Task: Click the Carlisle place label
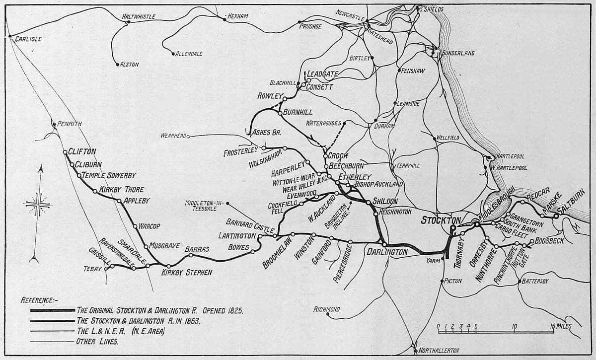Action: pos(28,39)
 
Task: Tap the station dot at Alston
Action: pos(118,64)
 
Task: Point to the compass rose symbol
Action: pos(37,204)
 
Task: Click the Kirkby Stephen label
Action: pos(187,272)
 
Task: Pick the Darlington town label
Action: pos(387,252)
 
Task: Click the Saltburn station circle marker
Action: pos(556,216)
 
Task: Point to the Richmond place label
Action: pos(326,309)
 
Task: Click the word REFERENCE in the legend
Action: pos(39,300)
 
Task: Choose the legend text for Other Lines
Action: pos(97,341)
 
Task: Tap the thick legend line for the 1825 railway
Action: pos(52,310)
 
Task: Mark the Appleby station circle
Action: pos(119,201)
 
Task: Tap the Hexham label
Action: pos(237,16)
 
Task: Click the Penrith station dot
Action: pos(54,124)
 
